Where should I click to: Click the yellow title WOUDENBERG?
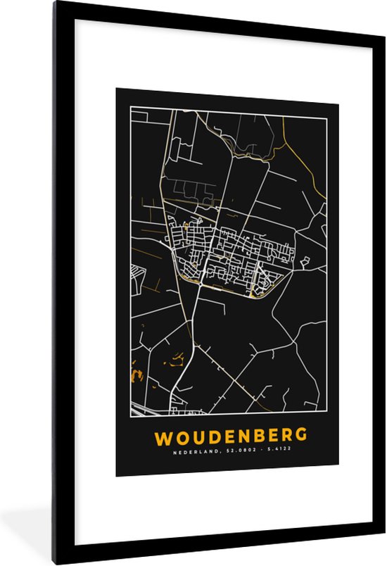click(227, 437)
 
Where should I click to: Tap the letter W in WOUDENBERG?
click(163, 437)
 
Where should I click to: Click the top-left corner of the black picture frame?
click(54, 4)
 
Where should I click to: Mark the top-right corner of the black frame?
click(381, 4)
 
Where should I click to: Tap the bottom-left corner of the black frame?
click(54, 562)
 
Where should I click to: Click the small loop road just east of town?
click(305, 262)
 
